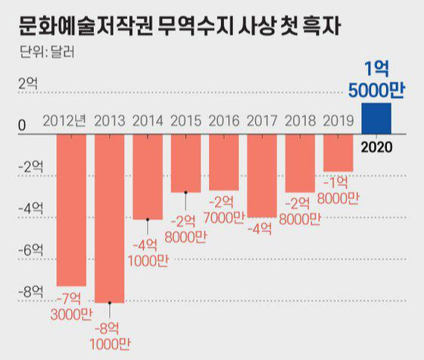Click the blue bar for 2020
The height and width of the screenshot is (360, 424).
376,118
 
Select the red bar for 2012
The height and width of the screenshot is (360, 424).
71,210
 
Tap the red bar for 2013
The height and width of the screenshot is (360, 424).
110,218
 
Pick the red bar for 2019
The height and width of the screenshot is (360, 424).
338,153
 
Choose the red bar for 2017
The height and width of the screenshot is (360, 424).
262,176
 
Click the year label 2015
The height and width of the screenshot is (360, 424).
185,121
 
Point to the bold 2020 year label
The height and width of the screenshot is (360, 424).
377,147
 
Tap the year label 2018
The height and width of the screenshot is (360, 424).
300,121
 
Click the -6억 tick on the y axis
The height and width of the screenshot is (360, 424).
30,249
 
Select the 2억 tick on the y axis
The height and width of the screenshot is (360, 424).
28,83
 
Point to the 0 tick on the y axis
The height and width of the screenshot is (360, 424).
22,125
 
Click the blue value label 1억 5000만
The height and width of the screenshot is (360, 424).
376,80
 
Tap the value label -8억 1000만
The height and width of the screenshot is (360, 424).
110,337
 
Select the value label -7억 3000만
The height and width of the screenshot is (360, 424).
71,307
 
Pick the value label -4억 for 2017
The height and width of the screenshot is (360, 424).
260,229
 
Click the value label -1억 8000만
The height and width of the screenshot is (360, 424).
338,190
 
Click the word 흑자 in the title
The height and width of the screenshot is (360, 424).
321,26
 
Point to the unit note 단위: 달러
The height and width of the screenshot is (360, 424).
47,52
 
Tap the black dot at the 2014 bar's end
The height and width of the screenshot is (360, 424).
148,220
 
